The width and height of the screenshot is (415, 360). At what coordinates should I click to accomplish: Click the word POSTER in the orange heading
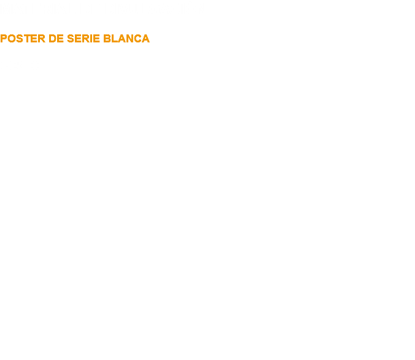point(23,39)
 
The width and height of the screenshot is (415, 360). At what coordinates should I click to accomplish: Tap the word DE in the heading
point(56,39)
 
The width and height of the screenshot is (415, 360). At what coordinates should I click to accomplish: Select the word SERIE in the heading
point(83,39)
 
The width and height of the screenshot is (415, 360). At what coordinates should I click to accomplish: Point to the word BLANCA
point(126,39)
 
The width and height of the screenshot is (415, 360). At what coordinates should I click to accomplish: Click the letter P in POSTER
point(4,39)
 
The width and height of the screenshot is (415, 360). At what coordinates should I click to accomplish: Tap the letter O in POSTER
point(12,39)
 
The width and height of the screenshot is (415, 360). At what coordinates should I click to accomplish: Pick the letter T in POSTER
point(27,39)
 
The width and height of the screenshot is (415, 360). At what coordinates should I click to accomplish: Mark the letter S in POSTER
point(20,39)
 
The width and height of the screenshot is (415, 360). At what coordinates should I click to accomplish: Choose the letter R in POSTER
point(42,39)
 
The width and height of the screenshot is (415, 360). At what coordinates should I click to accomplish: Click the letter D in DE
point(52,39)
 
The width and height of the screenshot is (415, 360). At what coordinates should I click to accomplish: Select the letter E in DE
point(60,39)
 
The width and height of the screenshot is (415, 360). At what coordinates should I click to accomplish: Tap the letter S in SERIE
point(71,39)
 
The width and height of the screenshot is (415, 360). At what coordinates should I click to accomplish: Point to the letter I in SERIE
point(91,39)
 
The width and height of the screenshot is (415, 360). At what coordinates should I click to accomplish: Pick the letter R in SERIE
point(86,39)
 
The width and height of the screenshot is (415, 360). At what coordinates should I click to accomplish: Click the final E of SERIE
point(96,39)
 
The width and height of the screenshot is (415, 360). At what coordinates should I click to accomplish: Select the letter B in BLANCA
point(107,39)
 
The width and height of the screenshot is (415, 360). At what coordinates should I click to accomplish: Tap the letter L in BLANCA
point(115,39)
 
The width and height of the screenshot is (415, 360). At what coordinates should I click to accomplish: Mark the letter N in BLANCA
point(130,39)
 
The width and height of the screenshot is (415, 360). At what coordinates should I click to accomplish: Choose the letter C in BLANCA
point(138,39)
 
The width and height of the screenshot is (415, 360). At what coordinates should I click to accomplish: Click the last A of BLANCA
point(146,39)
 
